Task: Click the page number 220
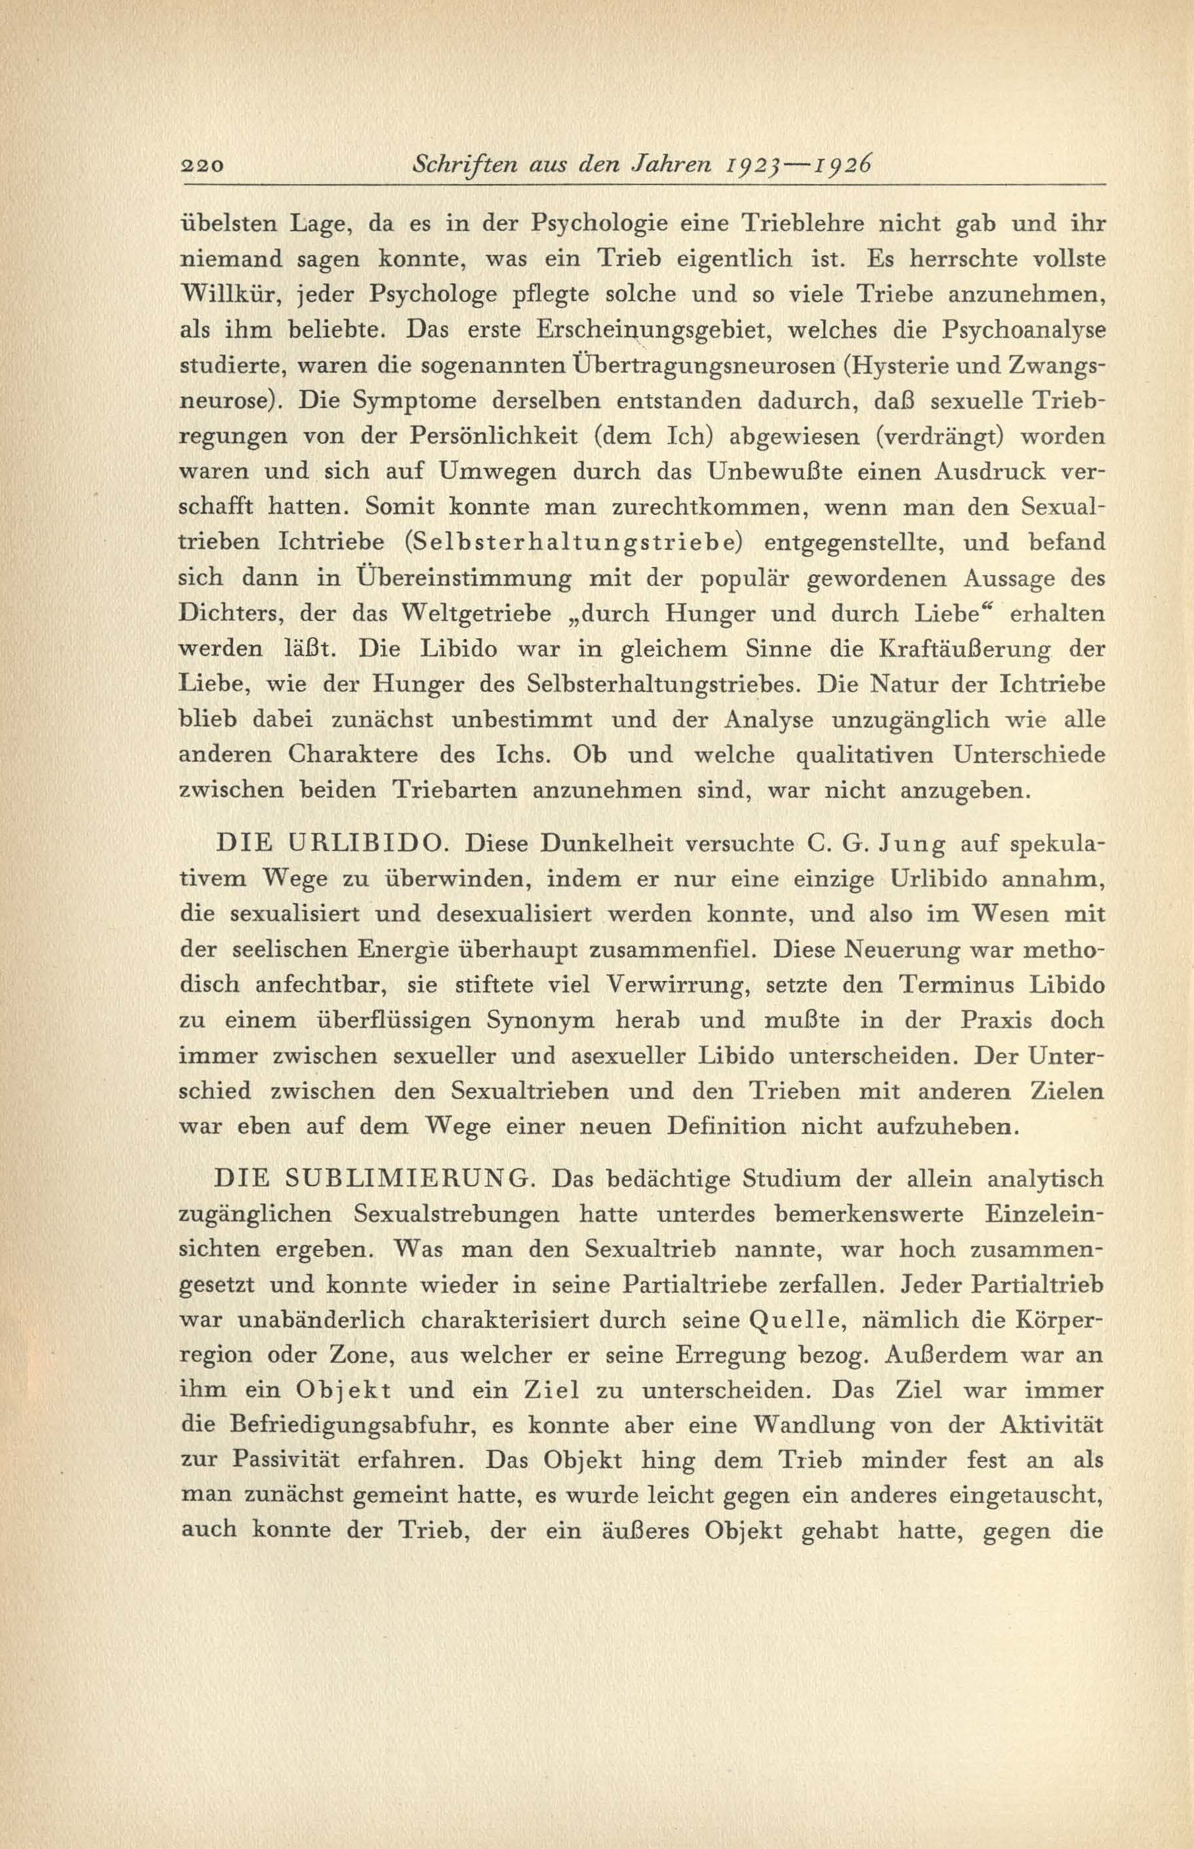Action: (201, 165)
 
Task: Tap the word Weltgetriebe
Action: (484, 614)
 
